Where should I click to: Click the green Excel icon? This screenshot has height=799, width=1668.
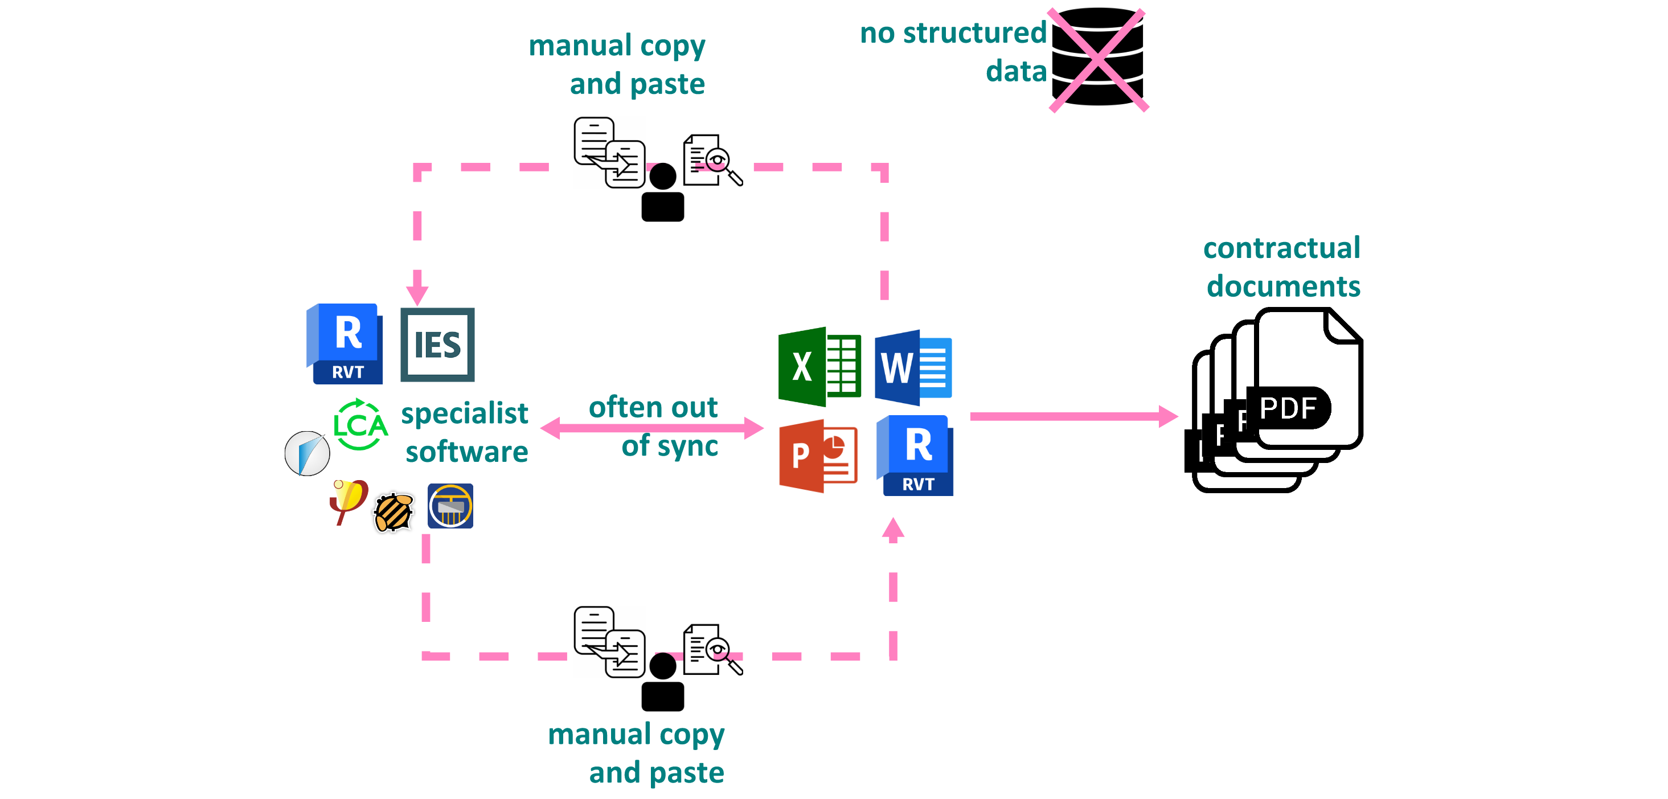pos(818,367)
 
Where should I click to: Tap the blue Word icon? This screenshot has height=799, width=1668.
pos(912,368)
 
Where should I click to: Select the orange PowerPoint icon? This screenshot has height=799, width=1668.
pos(818,456)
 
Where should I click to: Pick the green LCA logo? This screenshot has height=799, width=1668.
pos(360,425)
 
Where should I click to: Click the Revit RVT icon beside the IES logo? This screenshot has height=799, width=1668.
pos(345,344)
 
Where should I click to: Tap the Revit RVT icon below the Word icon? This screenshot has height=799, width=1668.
pos(916,456)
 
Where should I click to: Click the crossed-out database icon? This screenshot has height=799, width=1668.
pos(1097,58)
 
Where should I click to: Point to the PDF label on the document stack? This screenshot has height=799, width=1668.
pos(1288,408)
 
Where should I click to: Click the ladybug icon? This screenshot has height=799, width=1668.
pos(393,512)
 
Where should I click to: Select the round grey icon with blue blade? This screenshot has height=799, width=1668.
pos(307,453)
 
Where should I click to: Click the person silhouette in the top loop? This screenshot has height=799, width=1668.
pos(662,193)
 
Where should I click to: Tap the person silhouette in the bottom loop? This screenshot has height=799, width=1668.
pos(662,682)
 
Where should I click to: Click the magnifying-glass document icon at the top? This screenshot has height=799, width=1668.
pos(712,160)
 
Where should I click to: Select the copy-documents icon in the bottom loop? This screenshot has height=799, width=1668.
pos(609,642)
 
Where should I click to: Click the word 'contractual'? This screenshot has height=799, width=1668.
pos(1281,248)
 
